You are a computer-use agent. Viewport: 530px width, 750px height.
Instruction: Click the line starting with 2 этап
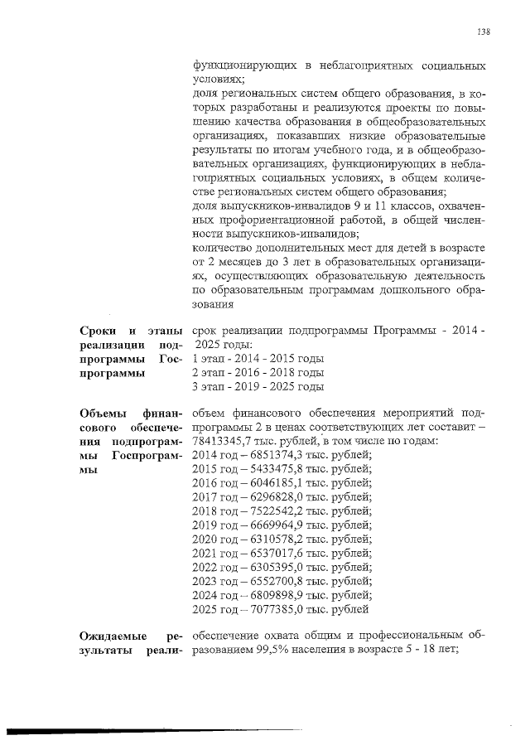pyautogui.click(x=257, y=373)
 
